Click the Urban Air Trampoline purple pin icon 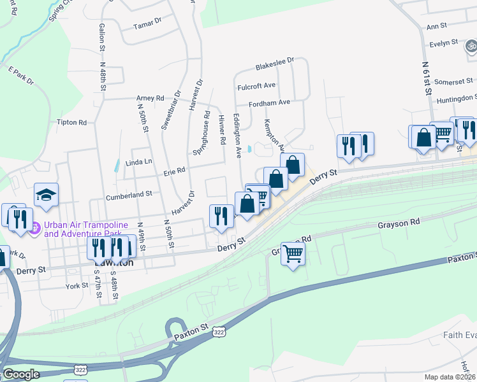pyautogui.click(x=36, y=226)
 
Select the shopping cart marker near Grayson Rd pyautogui.click(x=293, y=253)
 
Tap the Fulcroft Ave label pyautogui.click(x=256, y=85)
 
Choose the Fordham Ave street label pyautogui.click(x=269, y=102)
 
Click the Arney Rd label pyautogui.click(x=150, y=98)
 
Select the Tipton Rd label pyautogui.click(x=71, y=122)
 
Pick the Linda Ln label pyautogui.click(x=138, y=162)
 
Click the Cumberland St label pyautogui.click(x=129, y=194)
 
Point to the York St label pyautogui.click(x=77, y=286)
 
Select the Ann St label pyautogui.click(x=436, y=27)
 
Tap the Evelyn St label pyautogui.click(x=444, y=43)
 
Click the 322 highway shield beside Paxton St pyautogui.click(x=219, y=332)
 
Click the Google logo pyautogui.click(x=21, y=374)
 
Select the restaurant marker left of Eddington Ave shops pyautogui.click(x=221, y=215)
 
